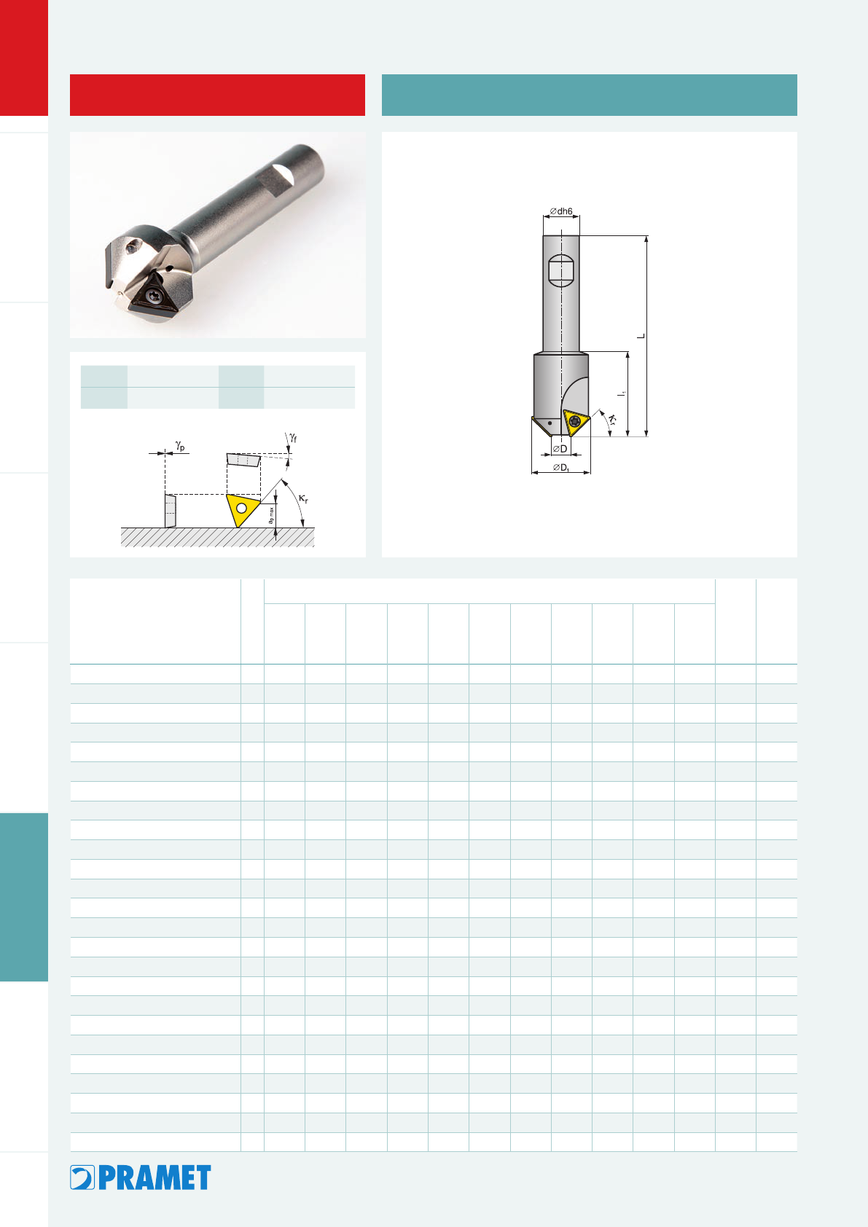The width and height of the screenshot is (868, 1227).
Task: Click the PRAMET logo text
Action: pyautogui.click(x=155, y=1177)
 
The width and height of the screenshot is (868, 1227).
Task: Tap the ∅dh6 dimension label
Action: pyautogui.click(x=561, y=211)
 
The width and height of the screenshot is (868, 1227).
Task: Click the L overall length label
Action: pyautogui.click(x=641, y=336)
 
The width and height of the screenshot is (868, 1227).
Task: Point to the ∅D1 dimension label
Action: pyautogui.click(x=561, y=467)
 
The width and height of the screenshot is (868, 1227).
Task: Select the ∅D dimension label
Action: pyautogui.click(x=560, y=449)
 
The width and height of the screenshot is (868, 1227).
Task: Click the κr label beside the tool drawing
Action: pyautogui.click(x=612, y=420)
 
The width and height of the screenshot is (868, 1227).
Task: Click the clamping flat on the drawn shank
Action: pyautogui.click(x=561, y=270)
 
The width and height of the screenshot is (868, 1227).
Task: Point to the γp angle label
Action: pyautogui.click(x=180, y=446)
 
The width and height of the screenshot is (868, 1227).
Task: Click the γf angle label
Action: pyautogui.click(x=293, y=438)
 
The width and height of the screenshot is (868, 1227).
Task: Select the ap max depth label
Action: pyautogui.click(x=270, y=515)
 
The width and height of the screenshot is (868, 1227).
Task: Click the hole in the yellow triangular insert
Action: pyautogui.click(x=241, y=508)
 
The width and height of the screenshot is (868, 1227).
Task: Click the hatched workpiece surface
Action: pyautogui.click(x=218, y=537)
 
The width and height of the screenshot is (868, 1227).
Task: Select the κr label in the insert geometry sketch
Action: pyautogui.click(x=303, y=499)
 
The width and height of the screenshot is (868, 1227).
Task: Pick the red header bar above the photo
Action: pyautogui.click(x=218, y=95)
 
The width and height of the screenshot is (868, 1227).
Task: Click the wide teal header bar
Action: pyautogui.click(x=589, y=95)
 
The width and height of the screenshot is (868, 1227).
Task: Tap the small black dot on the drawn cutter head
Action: pyautogui.click(x=550, y=423)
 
